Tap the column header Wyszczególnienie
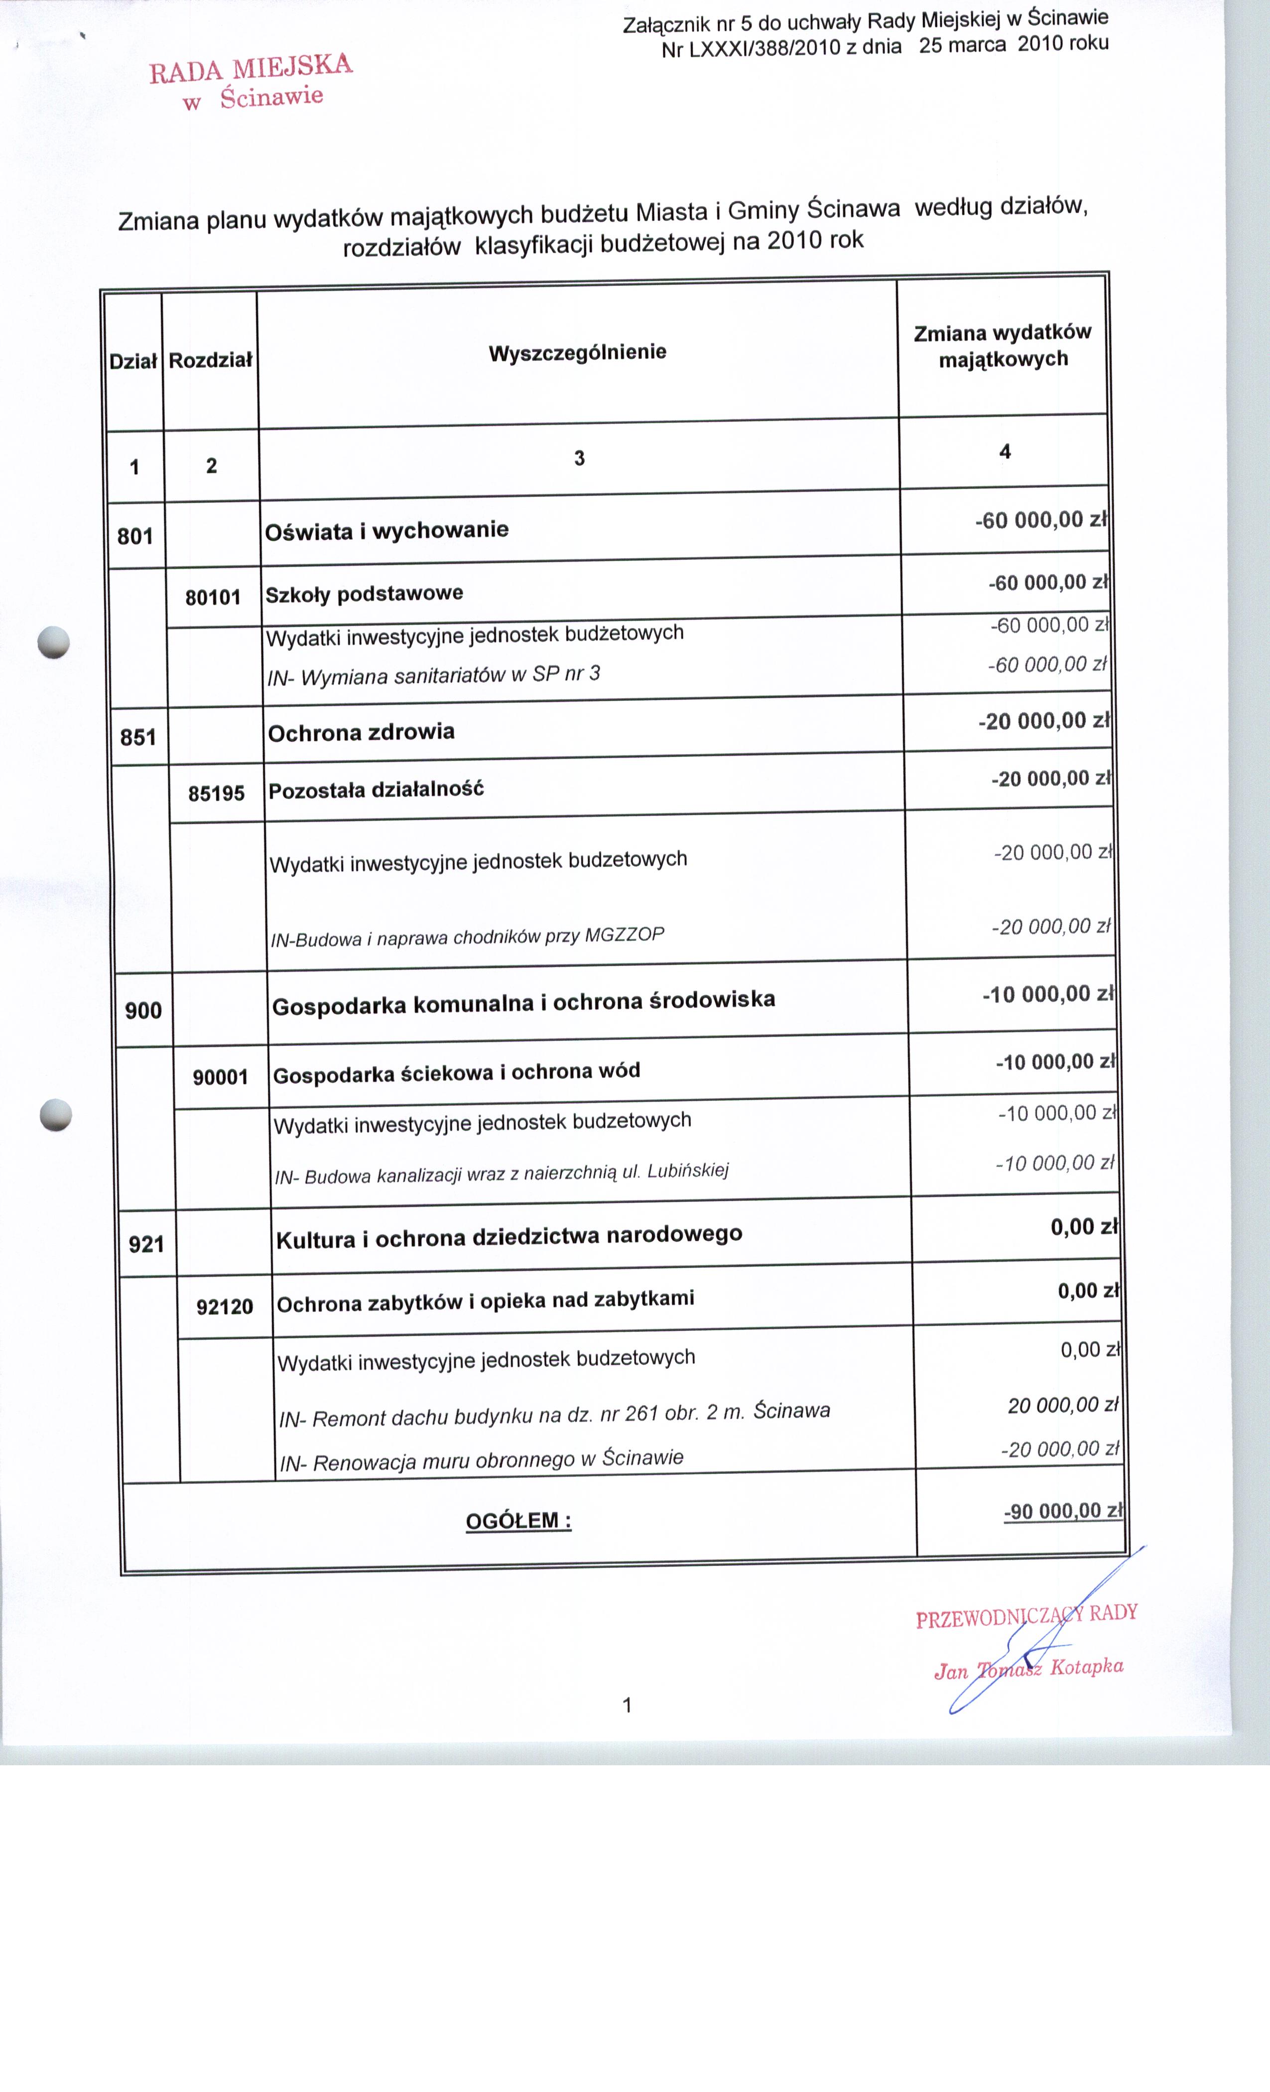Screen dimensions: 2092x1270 coord(577,352)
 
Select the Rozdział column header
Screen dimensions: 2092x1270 coord(211,361)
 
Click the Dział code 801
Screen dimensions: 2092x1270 coord(135,536)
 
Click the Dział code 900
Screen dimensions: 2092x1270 coord(143,1010)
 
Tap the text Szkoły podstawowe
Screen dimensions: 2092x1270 coord(364,593)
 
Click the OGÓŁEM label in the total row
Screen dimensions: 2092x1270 coord(518,1521)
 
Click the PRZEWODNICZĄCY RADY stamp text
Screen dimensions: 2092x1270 coord(1026,1616)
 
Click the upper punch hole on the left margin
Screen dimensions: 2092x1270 coord(53,642)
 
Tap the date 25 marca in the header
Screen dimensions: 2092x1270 coord(962,45)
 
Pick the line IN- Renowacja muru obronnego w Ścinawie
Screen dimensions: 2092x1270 coord(481,1460)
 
